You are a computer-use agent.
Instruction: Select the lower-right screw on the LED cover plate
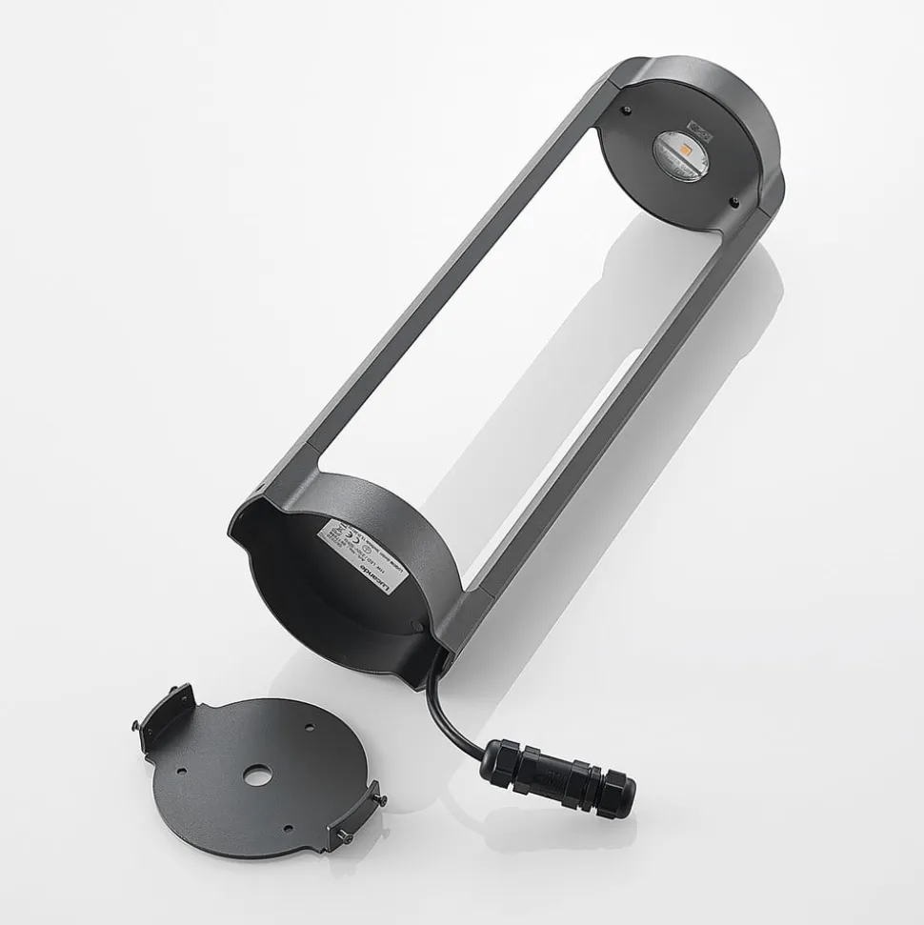[734, 200]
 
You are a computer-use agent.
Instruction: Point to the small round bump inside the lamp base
[416, 627]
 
